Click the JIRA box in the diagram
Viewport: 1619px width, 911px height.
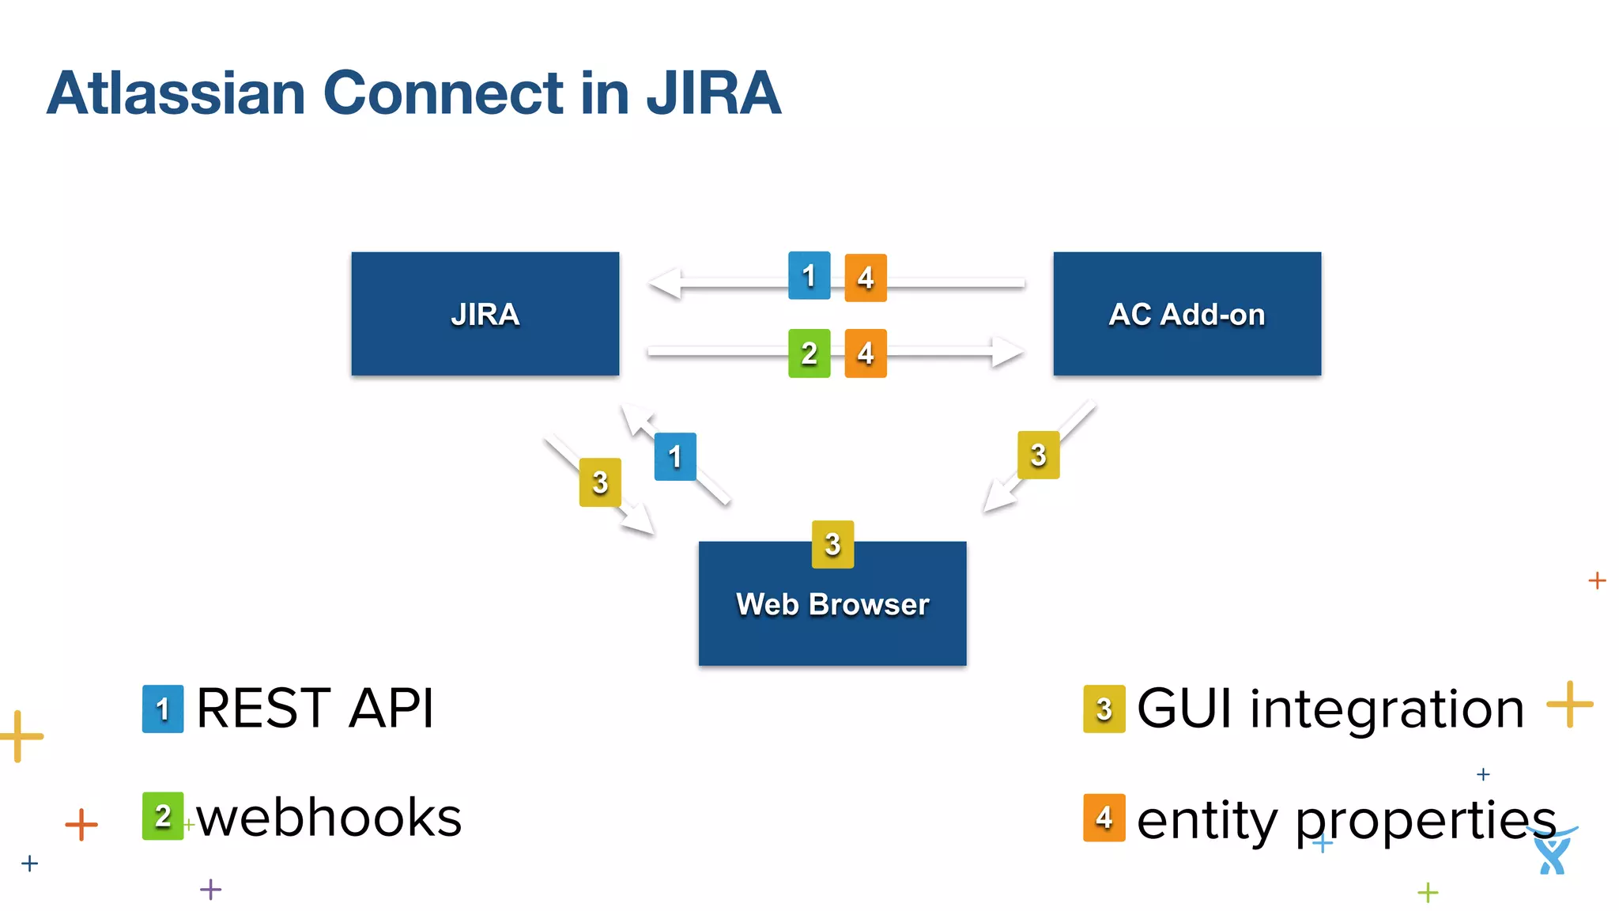[485, 313]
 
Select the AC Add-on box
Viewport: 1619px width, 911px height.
[1187, 313]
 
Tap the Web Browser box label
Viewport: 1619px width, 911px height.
[832, 604]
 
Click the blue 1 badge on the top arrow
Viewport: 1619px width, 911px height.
[809, 275]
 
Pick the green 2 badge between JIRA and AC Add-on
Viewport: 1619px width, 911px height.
[809, 353]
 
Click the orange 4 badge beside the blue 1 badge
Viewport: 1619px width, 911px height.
[866, 278]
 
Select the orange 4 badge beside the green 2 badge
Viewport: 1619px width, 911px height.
[866, 353]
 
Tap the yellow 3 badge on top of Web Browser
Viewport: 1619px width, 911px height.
[832, 544]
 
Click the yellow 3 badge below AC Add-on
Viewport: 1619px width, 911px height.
[1038, 455]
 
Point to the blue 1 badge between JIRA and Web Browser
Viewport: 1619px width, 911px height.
[675, 456]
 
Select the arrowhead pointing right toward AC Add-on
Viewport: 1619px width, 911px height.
[1007, 351]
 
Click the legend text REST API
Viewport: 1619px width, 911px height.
[315, 708]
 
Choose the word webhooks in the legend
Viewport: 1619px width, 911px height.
[329, 817]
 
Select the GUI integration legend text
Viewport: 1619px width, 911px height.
[1330, 708]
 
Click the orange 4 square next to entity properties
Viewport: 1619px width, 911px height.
[1104, 818]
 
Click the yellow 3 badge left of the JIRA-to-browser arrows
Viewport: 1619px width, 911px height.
[600, 482]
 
